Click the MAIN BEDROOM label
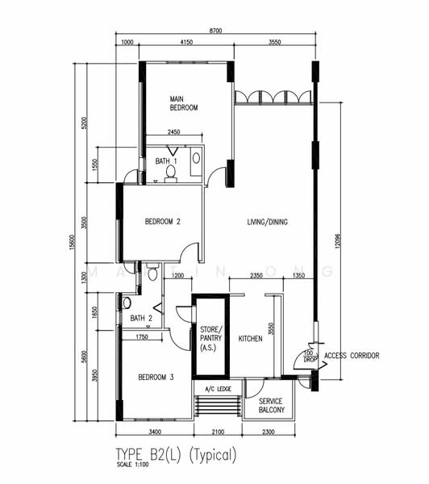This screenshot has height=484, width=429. click(x=183, y=103)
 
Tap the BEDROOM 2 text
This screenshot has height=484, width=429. click(x=162, y=222)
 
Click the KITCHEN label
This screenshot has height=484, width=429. click(x=250, y=339)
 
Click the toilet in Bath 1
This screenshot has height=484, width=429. click(x=170, y=173)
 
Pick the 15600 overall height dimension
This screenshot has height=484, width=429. click(x=77, y=242)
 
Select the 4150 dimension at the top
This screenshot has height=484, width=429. click(x=186, y=42)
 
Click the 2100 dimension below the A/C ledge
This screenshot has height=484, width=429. click(x=218, y=432)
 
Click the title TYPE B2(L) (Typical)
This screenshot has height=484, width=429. click(x=177, y=454)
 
